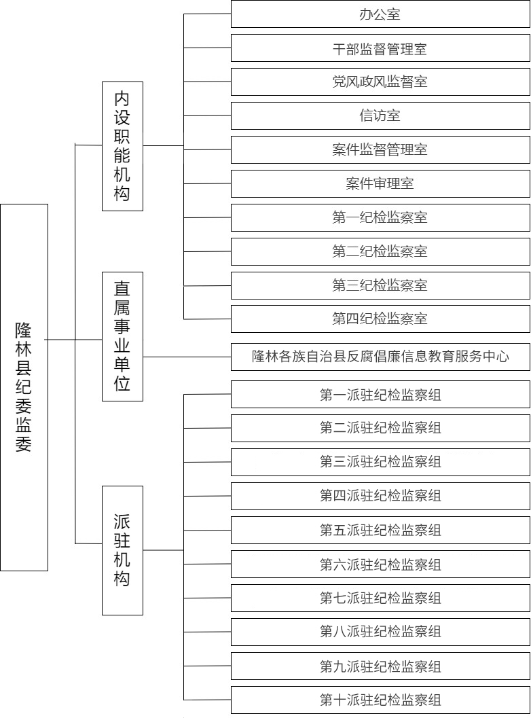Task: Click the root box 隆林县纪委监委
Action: (x=24, y=387)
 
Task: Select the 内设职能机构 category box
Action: (x=122, y=146)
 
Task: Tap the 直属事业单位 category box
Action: (x=122, y=336)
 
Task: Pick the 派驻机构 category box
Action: (x=122, y=550)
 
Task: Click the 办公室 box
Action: (x=380, y=14)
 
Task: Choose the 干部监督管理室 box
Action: (x=380, y=48)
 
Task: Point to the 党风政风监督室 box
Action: (x=380, y=82)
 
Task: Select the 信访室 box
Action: (x=380, y=116)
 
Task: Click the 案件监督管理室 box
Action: (x=380, y=149)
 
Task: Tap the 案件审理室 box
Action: (x=380, y=183)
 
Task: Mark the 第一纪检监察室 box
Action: (x=380, y=217)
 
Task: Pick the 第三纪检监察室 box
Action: (x=380, y=285)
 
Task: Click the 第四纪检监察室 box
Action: (x=380, y=319)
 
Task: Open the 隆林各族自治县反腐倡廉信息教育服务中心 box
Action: (x=380, y=357)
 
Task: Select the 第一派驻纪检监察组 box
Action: (x=380, y=394)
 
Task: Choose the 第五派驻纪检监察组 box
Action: (x=380, y=531)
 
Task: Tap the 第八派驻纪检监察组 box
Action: (x=380, y=632)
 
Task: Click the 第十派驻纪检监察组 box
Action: (x=380, y=700)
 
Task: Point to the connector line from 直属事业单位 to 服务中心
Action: (x=187, y=357)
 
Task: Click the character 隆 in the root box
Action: (x=23, y=330)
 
